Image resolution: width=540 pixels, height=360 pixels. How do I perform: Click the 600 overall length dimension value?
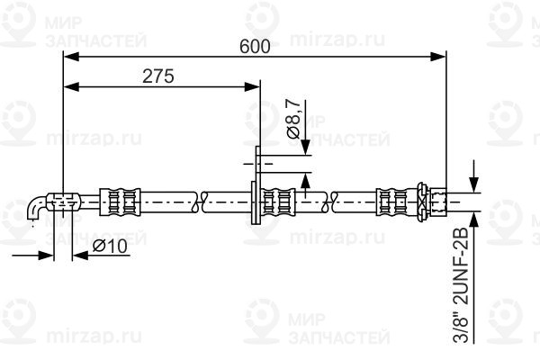click(x=255, y=47)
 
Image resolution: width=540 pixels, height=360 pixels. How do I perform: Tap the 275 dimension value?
click(x=158, y=76)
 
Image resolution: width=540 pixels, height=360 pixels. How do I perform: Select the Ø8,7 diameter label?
click(x=293, y=119)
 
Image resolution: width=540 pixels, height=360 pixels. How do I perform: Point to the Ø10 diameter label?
click(x=110, y=247)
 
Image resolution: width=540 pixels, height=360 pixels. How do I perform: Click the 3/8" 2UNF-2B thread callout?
click(x=461, y=284)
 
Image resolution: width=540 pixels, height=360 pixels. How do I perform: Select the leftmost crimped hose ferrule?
click(x=120, y=202)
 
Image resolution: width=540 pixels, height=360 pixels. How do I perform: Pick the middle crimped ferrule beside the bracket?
click(x=278, y=202)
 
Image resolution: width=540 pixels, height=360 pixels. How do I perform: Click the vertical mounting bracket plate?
click(x=256, y=185)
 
